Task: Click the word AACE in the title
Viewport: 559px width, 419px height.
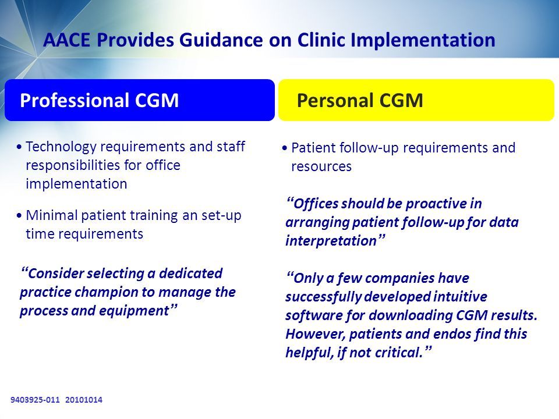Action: [66, 40]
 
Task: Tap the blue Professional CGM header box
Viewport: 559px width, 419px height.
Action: [139, 100]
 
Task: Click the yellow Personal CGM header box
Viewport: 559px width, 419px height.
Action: [416, 100]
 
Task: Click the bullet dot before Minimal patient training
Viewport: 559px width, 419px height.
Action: [19, 215]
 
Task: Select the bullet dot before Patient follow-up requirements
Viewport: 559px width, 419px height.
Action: [285, 148]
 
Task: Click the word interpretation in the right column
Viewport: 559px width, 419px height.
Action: [331, 241]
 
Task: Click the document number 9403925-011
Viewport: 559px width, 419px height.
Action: [35, 400]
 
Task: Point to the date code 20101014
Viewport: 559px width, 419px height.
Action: [84, 400]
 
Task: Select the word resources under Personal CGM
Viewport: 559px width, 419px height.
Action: [321, 167]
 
